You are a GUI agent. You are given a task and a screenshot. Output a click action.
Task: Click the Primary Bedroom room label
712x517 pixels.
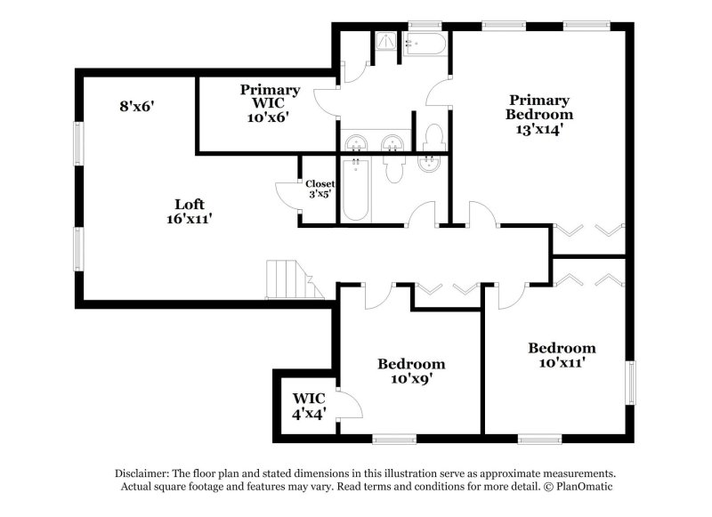coord(539,107)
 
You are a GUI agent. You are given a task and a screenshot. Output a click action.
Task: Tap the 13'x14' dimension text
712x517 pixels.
coord(539,129)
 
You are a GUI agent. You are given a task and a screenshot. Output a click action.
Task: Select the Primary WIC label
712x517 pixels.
coord(270,97)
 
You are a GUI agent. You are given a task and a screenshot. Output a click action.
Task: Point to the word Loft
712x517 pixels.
coord(190,205)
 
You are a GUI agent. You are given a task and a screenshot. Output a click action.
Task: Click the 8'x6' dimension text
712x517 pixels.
coord(137,107)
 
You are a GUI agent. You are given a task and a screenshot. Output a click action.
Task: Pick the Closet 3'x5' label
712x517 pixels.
coord(320,189)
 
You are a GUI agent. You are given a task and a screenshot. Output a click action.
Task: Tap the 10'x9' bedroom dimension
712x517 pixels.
coord(411,378)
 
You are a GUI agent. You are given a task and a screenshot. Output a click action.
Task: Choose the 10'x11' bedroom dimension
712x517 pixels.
coord(562,363)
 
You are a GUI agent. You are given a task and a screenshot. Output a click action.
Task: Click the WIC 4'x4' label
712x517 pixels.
coord(309,406)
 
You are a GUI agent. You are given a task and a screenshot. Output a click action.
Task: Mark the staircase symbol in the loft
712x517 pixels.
coord(295,279)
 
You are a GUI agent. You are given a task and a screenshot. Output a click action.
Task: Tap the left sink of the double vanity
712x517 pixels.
coord(356,143)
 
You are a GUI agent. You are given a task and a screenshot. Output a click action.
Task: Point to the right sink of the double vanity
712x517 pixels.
coord(392,143)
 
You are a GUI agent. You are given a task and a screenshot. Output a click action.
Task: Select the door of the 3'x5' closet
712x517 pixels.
coord(287,195)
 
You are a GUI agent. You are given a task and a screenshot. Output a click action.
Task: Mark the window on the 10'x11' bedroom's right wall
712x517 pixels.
coord(631,383)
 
